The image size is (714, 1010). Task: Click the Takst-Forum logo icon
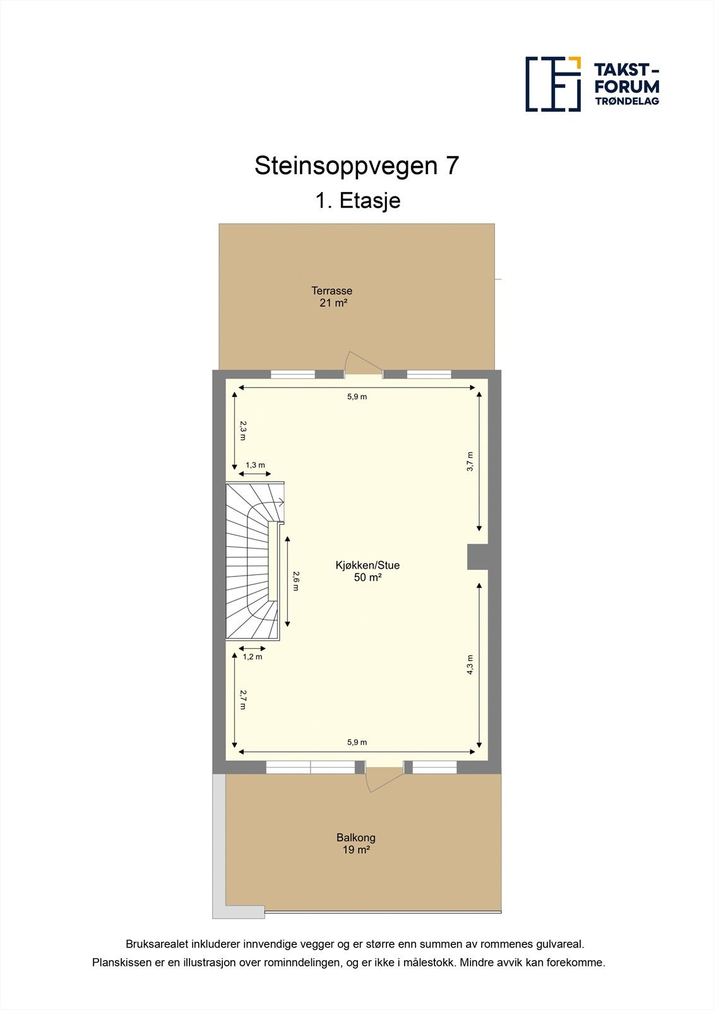(x=553, y=84)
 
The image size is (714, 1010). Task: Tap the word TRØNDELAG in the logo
(x=627, y=101)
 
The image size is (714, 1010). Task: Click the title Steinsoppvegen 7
(x=357, y=166)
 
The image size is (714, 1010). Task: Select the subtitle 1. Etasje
(x=358, y=201)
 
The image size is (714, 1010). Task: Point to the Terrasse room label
(x=331, y=291)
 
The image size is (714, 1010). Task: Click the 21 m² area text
(x=333, y=303)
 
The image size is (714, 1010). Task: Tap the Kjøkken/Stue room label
(x=367, y=566)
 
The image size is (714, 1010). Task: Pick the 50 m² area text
(x=367, y=578)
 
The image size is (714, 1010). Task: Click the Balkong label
(x=356, y=838)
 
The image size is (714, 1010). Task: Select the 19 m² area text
(x=356, y=850)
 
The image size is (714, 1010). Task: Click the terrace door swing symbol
(x=362, y=365)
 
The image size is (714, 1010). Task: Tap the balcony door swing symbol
(x=383, y=780)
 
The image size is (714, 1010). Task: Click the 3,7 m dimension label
(x=470, y=462)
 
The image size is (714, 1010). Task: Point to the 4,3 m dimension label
(x=470, y=665)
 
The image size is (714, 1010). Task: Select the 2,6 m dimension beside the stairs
(x=296, y=581)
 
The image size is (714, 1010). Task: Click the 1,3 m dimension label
(x=255, y=465)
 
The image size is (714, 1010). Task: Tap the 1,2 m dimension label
(x=253, y=656)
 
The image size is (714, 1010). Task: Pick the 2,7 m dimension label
(x=243, y=699)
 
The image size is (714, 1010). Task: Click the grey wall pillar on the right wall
(x=478, y=557)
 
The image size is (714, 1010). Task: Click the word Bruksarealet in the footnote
(x=153, y=944)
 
